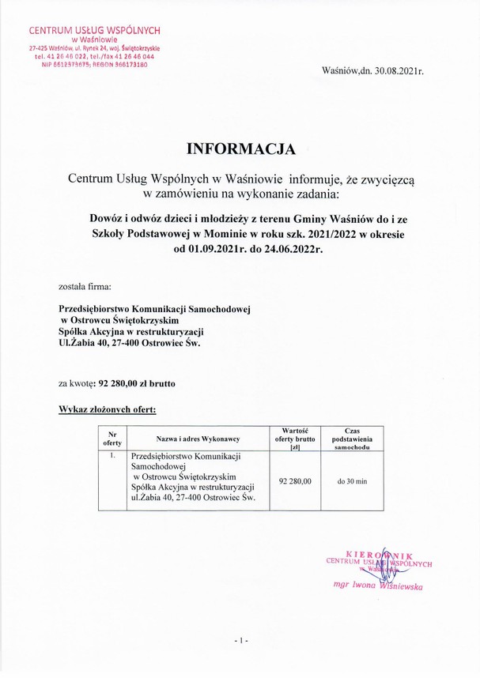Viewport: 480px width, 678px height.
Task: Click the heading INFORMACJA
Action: coord(240,148)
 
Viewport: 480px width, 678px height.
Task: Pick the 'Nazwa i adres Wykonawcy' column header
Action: coord(198,439)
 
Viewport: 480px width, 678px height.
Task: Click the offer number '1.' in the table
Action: coord(113,457)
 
